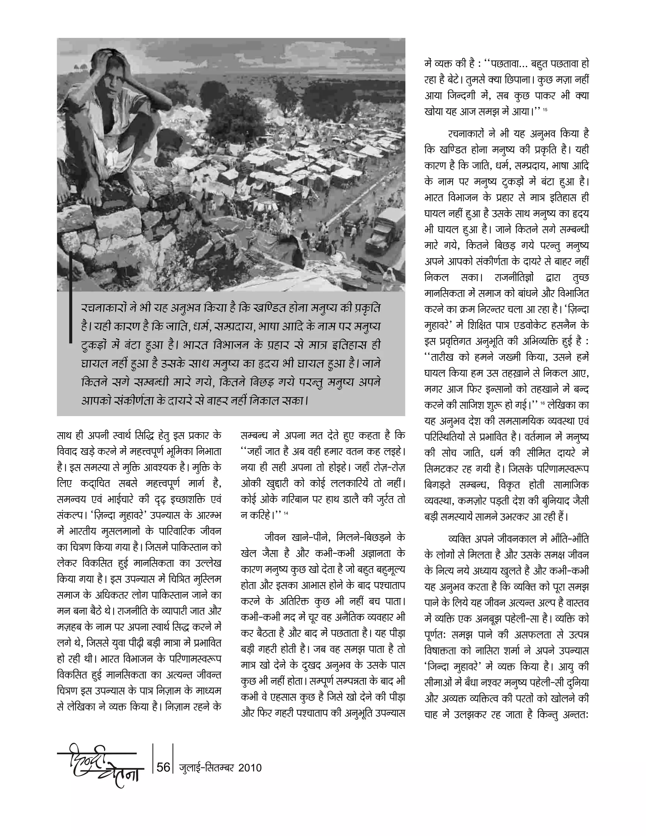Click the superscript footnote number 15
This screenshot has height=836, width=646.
(x=545, y=111)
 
